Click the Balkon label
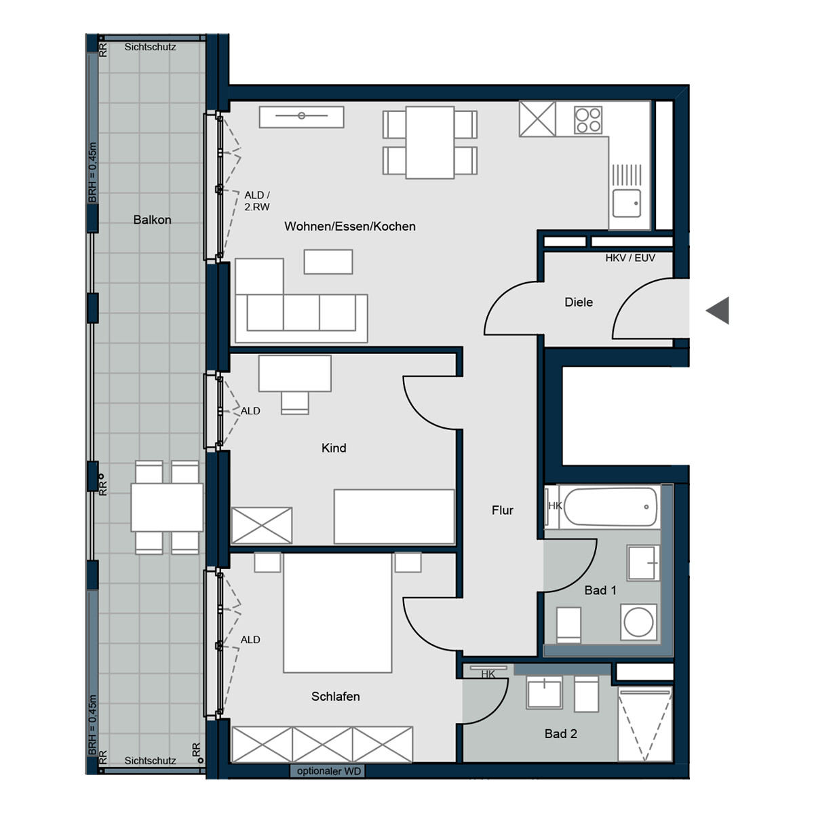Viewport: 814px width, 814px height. pyautogui.click(x=152, y=220)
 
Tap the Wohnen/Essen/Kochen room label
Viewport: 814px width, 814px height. pyautogui.click(x=350, y=227)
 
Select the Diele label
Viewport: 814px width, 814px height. pyautogui.click(x=579, y=303)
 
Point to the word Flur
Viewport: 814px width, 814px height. pyautogui.click(x=503, y=510)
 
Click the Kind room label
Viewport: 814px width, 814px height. pyautogui.click(x=334, y=448)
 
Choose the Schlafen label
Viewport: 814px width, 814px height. pyautogui.click(x=335, y=697)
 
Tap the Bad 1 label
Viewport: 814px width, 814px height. pyautogui.click(x=600, y=591)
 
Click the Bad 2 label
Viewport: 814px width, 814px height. pyautogui.click(x=561, y=734)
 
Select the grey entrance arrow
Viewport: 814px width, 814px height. pyautogui.click(x=718, y=311)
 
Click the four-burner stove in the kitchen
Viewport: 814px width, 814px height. pyautogui.click(x=588, y=121)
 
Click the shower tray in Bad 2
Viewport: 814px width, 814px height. pyautogui.click(x=645, y=724)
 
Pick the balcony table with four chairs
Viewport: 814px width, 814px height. pyautogui.click(x=167, y=507)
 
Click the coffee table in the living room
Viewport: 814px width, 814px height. pyautogui.click(x=328, y=262)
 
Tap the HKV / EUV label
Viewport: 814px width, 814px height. pyautogui.click(x=630, y=258)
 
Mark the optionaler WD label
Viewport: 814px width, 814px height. pyautogui.click(x=329, y=771)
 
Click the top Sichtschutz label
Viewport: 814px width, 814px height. pyautogui.click(x=150, y=47)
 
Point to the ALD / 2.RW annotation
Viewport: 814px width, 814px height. pyautogui.click(x=257, y=201)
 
